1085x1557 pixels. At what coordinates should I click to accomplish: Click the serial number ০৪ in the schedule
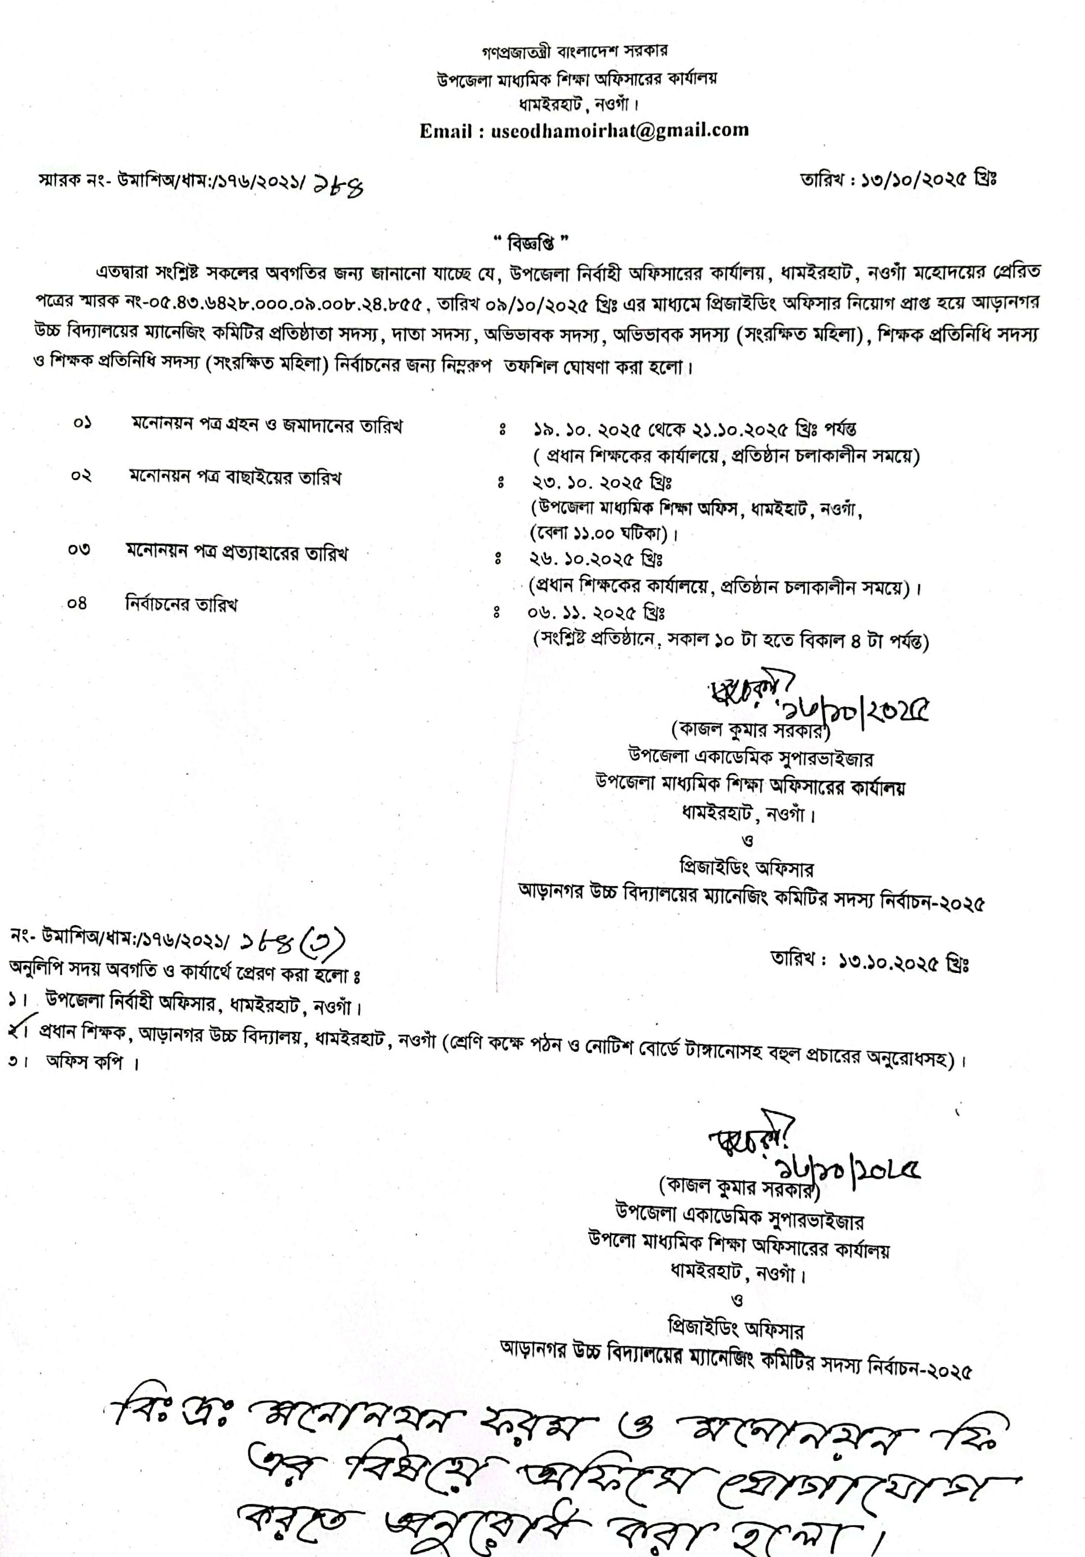pos(77,603)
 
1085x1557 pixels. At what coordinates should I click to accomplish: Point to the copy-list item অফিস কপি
pos(84,1063)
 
